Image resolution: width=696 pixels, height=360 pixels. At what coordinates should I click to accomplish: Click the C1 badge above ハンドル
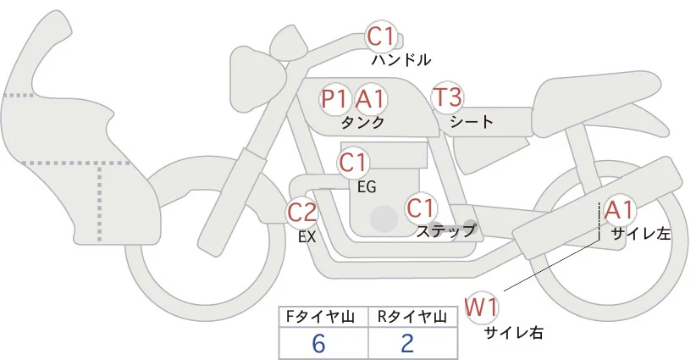tap(381, 36)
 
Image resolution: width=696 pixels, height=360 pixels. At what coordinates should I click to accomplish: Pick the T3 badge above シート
tap(447, 97)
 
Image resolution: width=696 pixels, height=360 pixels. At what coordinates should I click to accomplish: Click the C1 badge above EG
tap(353, 162)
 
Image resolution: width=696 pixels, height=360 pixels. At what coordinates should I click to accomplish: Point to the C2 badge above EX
tap(302, 213)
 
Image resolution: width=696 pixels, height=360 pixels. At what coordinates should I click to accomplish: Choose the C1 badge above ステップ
tap(421, 208)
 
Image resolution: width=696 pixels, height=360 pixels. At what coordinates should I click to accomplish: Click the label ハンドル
tap(401, 60)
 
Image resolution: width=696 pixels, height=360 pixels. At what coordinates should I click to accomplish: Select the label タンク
tap(362, 122)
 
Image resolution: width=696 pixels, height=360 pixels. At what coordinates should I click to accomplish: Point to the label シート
tap(472, 121)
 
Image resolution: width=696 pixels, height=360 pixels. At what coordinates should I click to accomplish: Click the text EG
tap(367, 186)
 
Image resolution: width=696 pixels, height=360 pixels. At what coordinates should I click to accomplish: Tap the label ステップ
tap(445, 230)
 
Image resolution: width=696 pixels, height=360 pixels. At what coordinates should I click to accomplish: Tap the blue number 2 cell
tap(408, 344)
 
